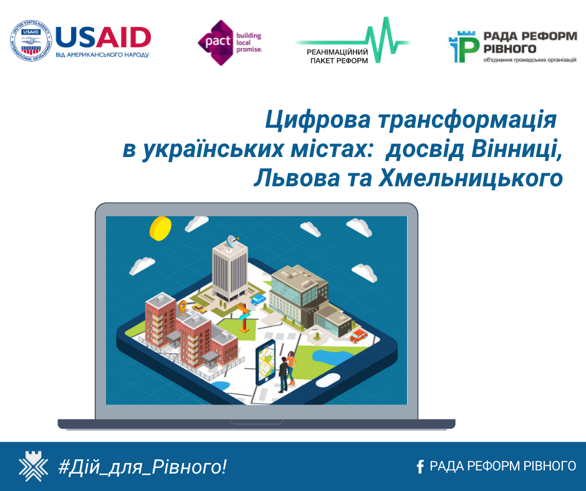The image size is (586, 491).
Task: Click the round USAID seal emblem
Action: pos(31,41)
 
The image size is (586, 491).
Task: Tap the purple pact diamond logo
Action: pos(215,42)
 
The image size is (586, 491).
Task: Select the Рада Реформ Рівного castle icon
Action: pos(464,47)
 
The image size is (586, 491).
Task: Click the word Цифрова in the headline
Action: pos(318,121)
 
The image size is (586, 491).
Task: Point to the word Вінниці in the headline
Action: pos(516,149)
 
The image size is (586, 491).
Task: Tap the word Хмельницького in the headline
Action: pos(471,178)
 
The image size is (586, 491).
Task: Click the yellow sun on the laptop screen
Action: pos(160,228)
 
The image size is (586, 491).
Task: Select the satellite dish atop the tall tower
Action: pos(233,241)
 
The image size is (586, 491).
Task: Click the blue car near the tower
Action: pos(258,299)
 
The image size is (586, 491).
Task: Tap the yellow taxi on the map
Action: pos(199,308)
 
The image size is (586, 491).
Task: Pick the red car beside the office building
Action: pos(358,336)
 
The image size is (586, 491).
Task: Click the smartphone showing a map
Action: pos(266,363)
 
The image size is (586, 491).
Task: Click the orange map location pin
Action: pos(183,307)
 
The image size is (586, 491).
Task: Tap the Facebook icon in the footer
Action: pos(420,466)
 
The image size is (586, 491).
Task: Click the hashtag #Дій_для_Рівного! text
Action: pos(142,467)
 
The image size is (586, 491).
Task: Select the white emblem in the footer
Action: pos(33,465)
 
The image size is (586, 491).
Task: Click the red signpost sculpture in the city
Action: pos(244,318)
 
